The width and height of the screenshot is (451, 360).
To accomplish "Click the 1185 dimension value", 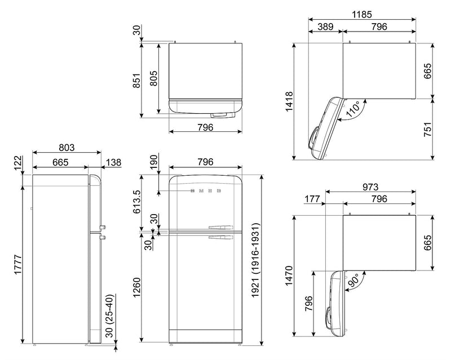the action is (x=362, y=14).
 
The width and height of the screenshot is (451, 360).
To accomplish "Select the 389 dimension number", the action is (x=325, y=26).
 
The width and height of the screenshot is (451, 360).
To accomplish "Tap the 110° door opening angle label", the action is (x=353, y=109).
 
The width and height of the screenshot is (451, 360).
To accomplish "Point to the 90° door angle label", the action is (x=353, y=280).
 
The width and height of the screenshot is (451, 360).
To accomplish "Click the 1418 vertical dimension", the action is (x=289, y=101).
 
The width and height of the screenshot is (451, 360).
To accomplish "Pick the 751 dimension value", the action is (x=428, y=130).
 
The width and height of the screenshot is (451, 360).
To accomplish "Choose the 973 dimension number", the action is (x=370, y=187).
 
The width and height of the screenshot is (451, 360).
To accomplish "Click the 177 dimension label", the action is (x=312, y=199).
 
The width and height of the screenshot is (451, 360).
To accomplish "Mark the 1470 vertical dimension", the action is (x=289, y=275).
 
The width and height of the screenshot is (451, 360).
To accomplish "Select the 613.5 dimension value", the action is (x=136, y=201).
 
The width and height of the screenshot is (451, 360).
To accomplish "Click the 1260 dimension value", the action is (x=136, y=287).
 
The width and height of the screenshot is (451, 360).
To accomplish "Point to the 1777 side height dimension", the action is (x=18, y=265).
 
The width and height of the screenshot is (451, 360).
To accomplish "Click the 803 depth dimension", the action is (x=67, y=147).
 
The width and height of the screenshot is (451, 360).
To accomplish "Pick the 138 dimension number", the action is (x=113, y=162).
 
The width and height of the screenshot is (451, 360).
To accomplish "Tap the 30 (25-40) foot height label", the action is (x=110, y=315).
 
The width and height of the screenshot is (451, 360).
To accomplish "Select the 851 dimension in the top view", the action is (x=136, y=81).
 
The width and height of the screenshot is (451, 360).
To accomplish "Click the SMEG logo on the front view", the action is (x=206, y=190).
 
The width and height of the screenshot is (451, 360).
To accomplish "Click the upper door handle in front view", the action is (x=221, y=228).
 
